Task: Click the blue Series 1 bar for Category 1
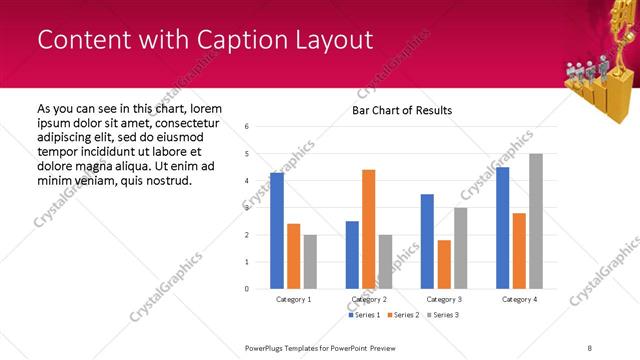point(277,231)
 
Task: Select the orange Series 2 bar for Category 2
point(368,229)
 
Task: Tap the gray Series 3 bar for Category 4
point(535,221)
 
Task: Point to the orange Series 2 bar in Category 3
point(443,264)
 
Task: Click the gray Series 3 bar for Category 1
point(310,262)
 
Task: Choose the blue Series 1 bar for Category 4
point(502,228)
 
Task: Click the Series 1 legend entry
point(365,315)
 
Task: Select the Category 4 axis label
point(518,299)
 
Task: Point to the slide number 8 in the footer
point(590,347)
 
